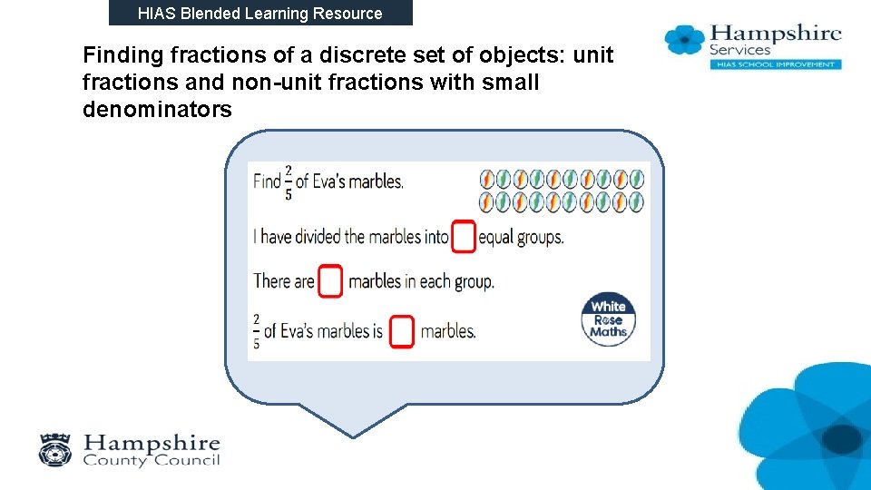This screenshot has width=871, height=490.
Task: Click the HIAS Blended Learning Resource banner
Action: (x=260, y=13)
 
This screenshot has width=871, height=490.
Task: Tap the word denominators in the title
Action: (x=157, y=110)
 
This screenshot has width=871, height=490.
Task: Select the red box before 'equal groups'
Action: (x=464, y=237)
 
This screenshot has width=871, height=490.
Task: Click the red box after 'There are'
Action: (x=332, y=281)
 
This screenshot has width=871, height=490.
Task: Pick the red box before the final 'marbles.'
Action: (x=402, y=331)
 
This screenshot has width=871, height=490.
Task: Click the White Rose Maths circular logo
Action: (x=608, y=319)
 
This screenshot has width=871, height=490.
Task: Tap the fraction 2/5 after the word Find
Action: (x=289, y=181)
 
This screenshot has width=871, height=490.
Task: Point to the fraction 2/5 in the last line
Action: (x=256, y=331)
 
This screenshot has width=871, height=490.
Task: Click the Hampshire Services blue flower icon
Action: (x=685, y=40)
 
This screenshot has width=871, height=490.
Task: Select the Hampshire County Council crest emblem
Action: (x=56, y=450)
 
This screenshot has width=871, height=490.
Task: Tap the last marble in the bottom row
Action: (x=637, y=201)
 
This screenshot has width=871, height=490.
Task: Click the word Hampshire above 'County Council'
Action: (x=152, y=443)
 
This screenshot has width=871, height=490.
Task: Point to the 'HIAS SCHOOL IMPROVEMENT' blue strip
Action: (x=775, y=64)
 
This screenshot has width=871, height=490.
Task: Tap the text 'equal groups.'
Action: (x=521, y=237)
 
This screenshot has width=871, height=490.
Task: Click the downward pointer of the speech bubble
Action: (x=353, y=422)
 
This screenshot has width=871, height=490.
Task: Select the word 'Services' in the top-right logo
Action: (x=739, y=50)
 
